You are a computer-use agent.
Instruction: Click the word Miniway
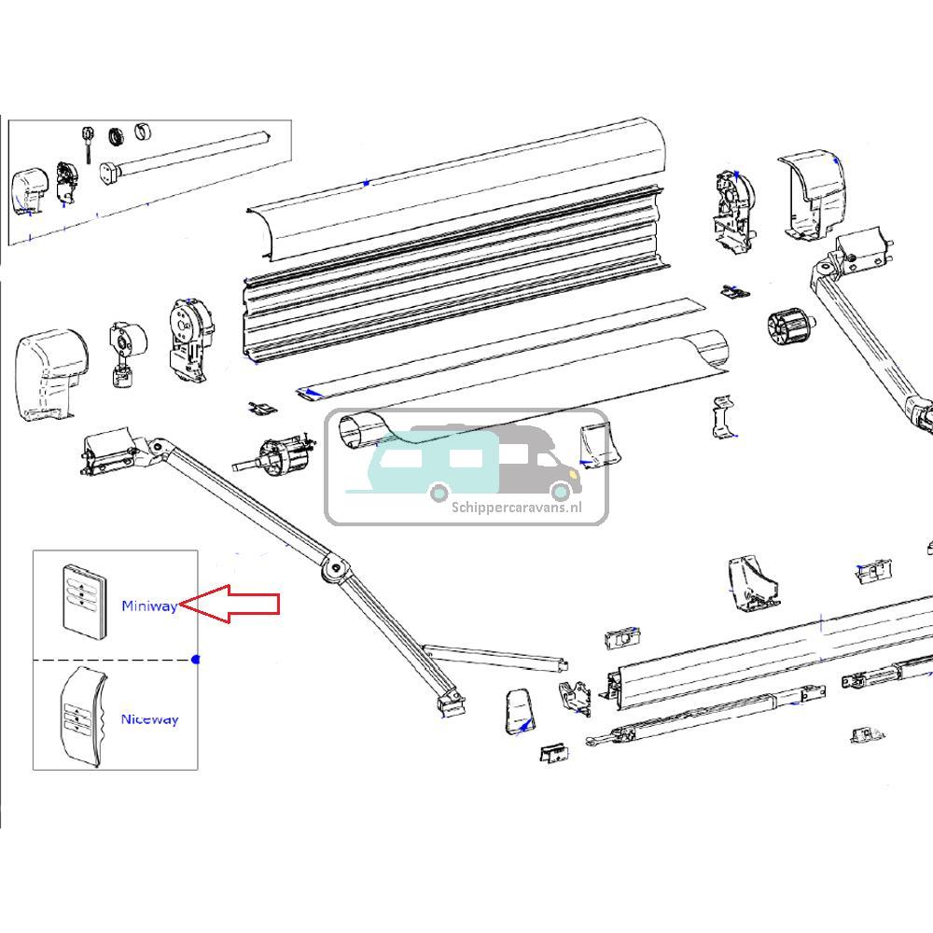coord(149,606)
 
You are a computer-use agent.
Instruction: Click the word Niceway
coord(149,719)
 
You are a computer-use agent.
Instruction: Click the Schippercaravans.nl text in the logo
coord(516,508)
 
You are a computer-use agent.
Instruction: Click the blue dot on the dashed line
coord(195,660)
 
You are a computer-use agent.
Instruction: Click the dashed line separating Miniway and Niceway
coord(112,661)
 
